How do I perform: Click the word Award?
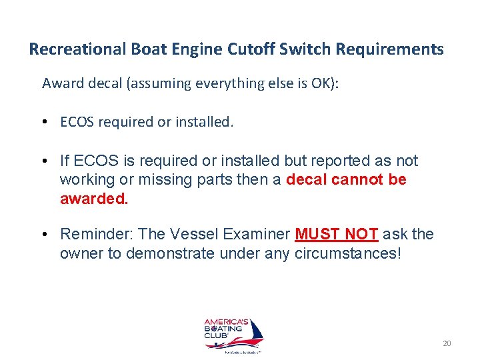[60, 83]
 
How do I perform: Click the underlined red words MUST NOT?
[337, 234]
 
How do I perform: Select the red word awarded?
[93, 199]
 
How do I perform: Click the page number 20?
[447, 343]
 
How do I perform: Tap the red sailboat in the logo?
[253, 331]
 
